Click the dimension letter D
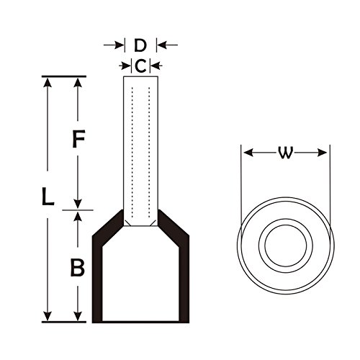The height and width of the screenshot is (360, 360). click(x=140, y=45)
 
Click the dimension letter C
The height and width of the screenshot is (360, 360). click(x=140, y=66)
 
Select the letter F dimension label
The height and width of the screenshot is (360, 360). click(x=78, y=139)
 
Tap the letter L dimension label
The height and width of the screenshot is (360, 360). click(x=48, y=197)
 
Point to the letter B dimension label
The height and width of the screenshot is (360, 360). click(x=78, y=267)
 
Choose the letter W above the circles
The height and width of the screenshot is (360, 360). click(x=286, y=153)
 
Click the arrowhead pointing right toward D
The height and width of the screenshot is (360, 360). click(x=119, y=45)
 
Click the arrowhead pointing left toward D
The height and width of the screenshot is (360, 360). click(x=162, y=45)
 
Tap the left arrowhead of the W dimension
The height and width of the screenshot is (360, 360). click(x=248, y=153)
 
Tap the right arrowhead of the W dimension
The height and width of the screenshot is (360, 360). click(x=322, y=153)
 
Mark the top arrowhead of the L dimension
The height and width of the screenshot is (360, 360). click(x=48, y=82)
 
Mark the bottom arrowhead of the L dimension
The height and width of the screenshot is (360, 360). click(x=48, y=316)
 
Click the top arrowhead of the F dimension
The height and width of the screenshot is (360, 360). click(x=78, y=82)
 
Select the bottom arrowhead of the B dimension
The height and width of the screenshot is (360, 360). click(x=78, y=316)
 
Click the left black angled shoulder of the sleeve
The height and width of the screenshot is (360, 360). click(x=108, y=230)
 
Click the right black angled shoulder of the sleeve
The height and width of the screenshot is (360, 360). click(x=174, y=230)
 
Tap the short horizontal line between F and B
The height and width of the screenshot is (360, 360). click(x=78, y=210)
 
